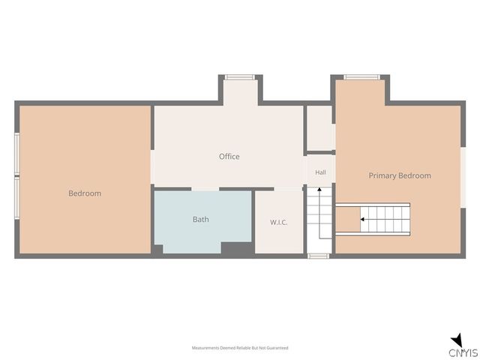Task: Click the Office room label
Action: [x=229, y=157]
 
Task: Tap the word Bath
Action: [x=201, y=219]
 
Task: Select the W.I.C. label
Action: [x=278, y=222]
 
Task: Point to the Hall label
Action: [x=320, y=172]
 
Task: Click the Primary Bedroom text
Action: [x=400, y=175]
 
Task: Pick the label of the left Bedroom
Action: [x=85, y=193]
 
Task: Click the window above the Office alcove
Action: [x=240, y=77]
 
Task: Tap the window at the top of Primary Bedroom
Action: [x=361, y=77]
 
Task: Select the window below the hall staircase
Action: [x=318, y=256]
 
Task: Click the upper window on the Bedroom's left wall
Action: [x=17, y=154]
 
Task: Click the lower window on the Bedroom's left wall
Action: [x=17, y=198]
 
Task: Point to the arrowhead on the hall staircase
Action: [x=319, y=190]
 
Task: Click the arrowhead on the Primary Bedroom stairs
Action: [x=362, y=219]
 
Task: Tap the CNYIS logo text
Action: [x=463, y=352]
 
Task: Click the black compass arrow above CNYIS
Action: [x=457, y=340]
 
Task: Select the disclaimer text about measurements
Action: [x=240, y=348]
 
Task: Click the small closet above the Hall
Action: [x=319, y=128]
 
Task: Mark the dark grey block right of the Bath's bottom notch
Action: [x=237, y=248]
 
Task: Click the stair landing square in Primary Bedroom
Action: [x=348, y=219]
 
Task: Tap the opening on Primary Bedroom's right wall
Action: [x=463, y=178]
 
